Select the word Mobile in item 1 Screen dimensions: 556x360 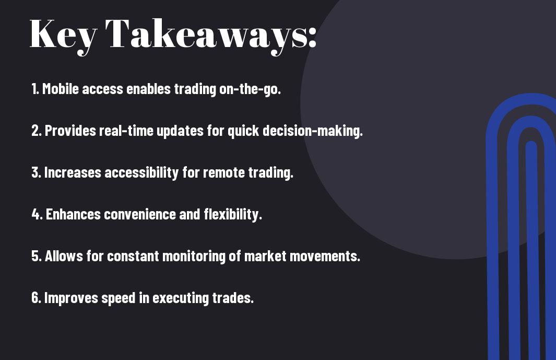tap(60, 89)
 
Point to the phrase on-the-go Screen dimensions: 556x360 tap(250, 89)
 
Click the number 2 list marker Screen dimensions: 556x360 tap(36, 131)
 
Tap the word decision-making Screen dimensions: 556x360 tap(313, 131)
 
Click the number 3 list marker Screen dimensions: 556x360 tap(36, 172)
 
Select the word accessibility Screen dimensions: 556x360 tap(141, 172)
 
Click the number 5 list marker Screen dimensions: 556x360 tap(37, 256)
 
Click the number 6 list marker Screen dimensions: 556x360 tap(36, 297)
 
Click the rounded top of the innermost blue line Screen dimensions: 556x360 tap(531, 144)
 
